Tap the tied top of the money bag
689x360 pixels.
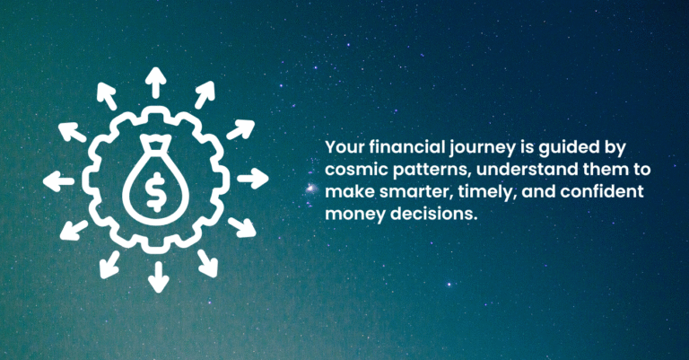tap(157, 144)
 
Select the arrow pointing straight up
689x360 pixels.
tap(157, 83)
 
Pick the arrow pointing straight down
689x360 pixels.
tap(158, 276)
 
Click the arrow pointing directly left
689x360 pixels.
tap(59, 180)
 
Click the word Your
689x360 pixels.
tap(341, 147)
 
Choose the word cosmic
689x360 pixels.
tap(349, 170)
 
